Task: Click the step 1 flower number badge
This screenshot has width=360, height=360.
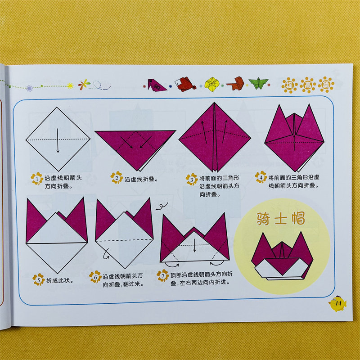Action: [37, 179]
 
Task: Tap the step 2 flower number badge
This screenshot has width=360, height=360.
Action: [117, 177]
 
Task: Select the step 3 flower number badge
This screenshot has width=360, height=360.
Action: [192, 179]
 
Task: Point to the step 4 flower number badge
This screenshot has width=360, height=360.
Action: [261, 177]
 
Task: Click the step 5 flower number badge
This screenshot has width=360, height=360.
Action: [39, 279]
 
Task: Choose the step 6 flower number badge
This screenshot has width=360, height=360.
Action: [95, 277]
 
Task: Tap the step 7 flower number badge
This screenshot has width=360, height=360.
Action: [163, 275]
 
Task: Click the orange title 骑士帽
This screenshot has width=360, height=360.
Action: [280, 218]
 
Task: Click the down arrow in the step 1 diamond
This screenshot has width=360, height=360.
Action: [58, 141]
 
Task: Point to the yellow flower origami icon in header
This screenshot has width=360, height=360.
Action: [212, 84]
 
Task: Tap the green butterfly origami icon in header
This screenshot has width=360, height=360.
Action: [259, 83]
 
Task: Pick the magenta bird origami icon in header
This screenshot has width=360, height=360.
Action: [157, 85]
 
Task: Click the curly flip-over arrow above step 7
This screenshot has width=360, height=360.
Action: [162, 207]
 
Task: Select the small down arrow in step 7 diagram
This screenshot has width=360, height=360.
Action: [194, 246]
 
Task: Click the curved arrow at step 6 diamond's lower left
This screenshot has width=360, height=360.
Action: [106, 254]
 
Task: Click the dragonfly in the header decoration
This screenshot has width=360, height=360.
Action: [84, 85]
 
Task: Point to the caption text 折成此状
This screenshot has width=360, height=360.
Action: [58, 280]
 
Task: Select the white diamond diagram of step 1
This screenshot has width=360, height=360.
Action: [58, 139]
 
